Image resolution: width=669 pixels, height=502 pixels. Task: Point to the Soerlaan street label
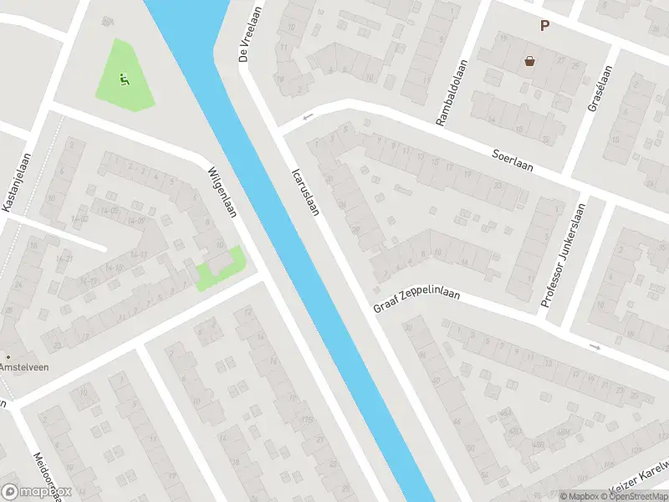point(513,158)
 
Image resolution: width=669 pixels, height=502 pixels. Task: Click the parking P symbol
point(544,26)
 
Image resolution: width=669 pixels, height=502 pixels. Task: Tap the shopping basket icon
point(529,60)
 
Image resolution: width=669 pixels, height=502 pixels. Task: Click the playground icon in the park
point(124,80)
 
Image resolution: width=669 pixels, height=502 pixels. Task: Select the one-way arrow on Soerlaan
point(307,117)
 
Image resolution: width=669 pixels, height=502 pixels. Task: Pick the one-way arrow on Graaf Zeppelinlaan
point(595,346)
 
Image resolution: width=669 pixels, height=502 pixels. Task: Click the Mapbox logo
point(38,491)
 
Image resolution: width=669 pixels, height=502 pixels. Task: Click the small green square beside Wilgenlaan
point(221,269)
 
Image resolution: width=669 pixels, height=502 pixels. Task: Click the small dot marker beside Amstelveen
point(8,356)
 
